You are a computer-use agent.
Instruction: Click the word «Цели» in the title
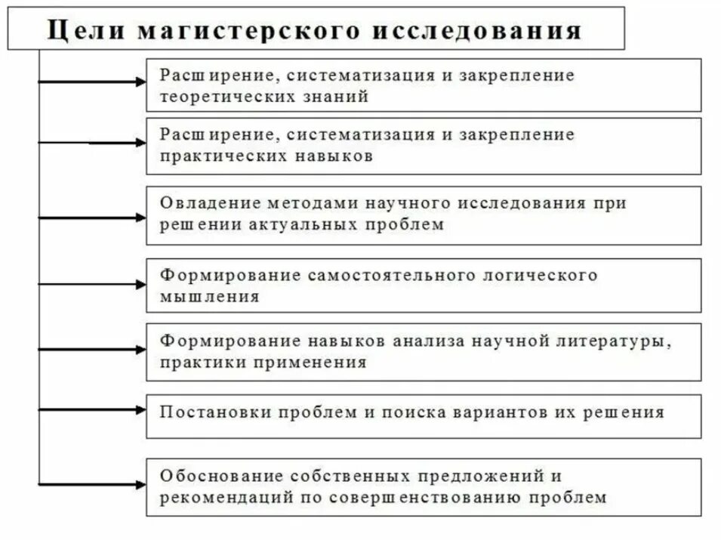pos(78,31)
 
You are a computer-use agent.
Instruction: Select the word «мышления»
pos(209,297)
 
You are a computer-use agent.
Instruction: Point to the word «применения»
pos(317,362)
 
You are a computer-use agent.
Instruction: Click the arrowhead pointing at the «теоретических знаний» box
pos(140,81)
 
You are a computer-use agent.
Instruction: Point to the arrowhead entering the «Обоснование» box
pos(140,483)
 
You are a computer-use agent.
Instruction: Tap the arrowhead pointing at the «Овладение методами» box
pos(140,218)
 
